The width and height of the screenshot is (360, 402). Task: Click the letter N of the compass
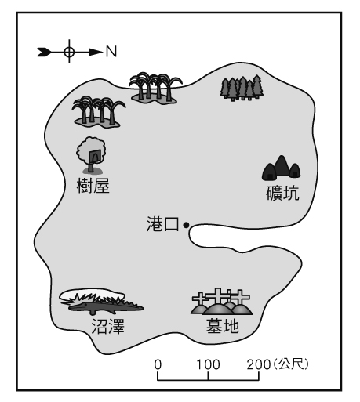[111, 52]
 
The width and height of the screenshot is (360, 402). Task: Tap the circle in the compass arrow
[69, 52]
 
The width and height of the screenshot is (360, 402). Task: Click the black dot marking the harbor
[186, 225]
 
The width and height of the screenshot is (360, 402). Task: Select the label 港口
[162, 224]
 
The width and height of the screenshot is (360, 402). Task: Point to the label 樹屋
[93, 186]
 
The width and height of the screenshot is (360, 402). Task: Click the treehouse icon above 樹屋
[91, 155]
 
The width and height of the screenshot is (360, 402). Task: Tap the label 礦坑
[282, 193]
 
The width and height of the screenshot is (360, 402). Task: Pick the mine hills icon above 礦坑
[281, 168]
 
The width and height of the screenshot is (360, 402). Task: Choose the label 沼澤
[107, 327]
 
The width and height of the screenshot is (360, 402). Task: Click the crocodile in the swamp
[104, 307]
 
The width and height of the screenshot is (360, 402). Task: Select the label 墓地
[223, 326]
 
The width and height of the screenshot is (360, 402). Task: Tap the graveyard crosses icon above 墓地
[221, 301]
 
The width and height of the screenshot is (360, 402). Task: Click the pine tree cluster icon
[242, 88]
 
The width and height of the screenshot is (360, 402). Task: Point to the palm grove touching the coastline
[155, 88]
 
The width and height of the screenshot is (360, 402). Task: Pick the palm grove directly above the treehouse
[98, 112]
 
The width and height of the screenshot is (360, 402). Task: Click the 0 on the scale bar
[158, 364]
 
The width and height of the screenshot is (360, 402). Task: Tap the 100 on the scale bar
[208, 364]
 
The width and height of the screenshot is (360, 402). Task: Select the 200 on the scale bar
[259, 364]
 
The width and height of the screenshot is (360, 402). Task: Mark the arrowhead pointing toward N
[96, 53]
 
